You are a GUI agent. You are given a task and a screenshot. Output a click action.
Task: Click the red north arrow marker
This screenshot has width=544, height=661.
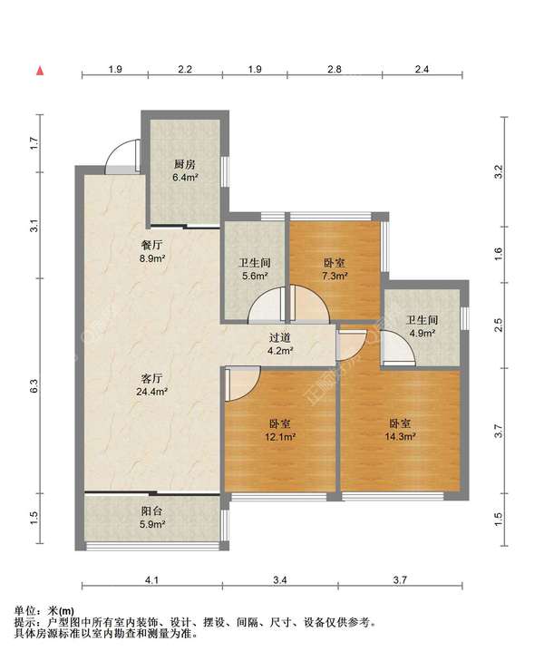click(40, 71)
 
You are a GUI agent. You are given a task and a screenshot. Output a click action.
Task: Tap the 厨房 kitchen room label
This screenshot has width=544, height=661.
click(185, 164)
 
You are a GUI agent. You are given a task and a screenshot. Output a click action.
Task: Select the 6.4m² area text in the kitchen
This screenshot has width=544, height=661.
click(185, 177)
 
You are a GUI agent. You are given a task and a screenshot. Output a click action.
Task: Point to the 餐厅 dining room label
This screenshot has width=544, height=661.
click(151, 245)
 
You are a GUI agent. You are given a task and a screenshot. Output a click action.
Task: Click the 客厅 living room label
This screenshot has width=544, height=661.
click(151, 378)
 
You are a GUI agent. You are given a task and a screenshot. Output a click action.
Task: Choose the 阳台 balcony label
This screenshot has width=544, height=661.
click(151, 511)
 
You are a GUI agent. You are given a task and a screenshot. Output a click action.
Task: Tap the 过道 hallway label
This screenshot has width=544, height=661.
click(280, 337)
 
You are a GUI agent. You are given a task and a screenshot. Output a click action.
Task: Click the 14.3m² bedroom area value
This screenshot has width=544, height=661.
click(401, 436)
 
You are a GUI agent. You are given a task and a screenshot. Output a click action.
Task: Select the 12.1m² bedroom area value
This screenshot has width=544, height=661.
click(280, 436)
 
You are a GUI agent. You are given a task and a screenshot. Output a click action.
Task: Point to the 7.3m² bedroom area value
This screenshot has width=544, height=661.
click(335, 277)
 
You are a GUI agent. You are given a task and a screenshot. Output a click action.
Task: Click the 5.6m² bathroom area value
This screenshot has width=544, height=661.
click(255, 277)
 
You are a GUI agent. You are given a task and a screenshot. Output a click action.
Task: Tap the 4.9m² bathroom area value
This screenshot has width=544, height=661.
click(423, 333)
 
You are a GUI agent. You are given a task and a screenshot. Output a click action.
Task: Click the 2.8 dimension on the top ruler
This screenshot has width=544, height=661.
click(335, 69)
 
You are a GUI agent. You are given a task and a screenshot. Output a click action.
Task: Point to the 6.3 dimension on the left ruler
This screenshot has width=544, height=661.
click(34, 386)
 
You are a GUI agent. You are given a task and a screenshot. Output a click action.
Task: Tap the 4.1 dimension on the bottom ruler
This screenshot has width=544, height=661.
click(151, 580)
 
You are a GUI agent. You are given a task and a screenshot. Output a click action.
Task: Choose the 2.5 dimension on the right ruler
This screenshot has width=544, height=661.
click(499, 325)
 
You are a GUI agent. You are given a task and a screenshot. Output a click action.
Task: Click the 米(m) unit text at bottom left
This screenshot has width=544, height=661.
click(62, 611)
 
